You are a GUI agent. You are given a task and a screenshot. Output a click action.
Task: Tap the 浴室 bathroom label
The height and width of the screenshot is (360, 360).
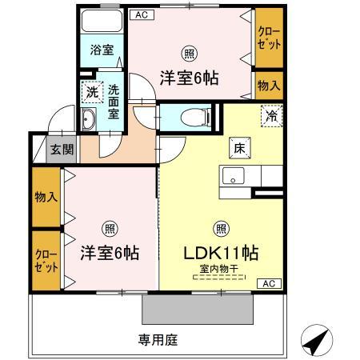102,50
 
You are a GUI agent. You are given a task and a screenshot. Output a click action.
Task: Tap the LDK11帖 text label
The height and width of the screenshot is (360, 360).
220,253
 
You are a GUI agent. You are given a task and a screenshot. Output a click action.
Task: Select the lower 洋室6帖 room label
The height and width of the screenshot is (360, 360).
110,253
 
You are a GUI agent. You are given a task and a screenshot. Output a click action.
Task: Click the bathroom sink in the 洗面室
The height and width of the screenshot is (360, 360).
88,121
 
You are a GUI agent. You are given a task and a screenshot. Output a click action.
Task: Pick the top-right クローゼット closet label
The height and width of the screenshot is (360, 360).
268,38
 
